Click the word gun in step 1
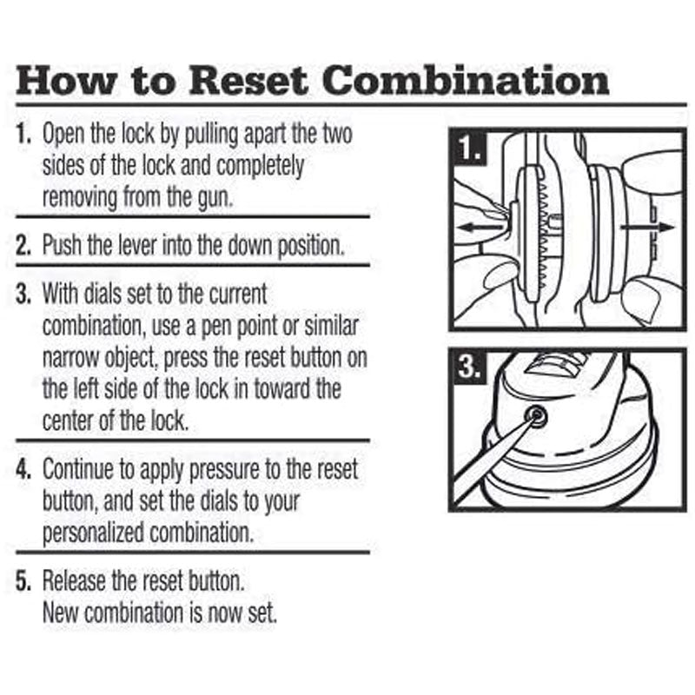pyautogui.click(x=214, y=196)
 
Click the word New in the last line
pyautogui.click(x=59, y=612)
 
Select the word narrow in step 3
pyautogui.click(x=69, y=357)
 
